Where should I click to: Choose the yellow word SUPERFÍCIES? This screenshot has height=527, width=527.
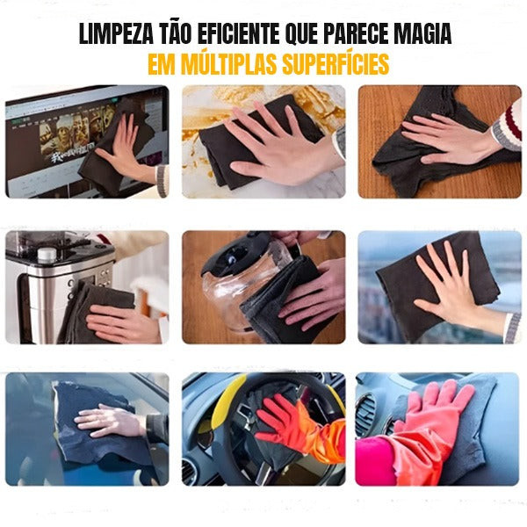334,66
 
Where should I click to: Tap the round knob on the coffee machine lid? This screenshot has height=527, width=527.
47,255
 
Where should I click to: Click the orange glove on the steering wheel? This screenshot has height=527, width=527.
290,422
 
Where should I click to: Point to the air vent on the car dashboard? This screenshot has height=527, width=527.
367,413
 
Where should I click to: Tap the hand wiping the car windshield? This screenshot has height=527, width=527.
110,420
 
